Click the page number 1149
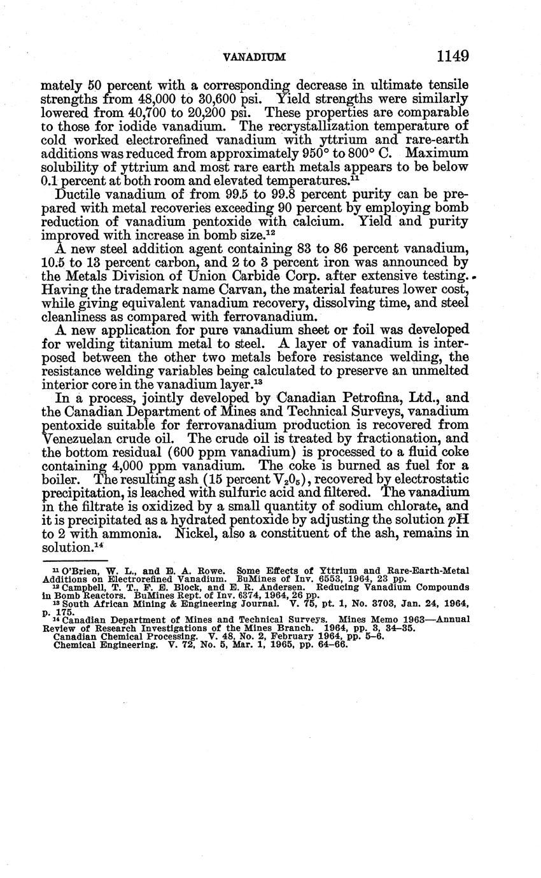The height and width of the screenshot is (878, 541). [x=453, y=56]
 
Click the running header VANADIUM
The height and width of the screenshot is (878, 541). [x=255, y=57]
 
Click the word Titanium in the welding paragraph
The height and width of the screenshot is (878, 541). [x=132, y=344]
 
